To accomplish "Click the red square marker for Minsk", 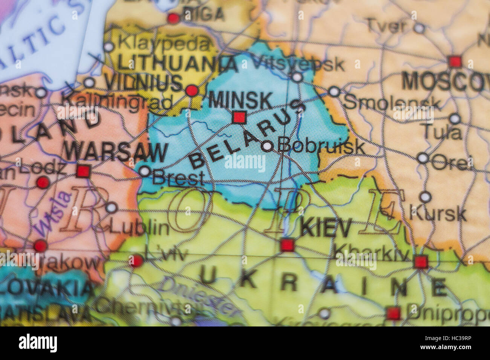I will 239,117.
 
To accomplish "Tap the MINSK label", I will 240,101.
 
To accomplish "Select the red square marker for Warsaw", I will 83,171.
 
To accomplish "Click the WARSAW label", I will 116,153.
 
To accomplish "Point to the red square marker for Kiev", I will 287,245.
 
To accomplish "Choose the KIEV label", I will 326,228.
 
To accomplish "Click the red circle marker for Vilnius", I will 192,90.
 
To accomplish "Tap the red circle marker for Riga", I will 173,18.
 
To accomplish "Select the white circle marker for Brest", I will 145,172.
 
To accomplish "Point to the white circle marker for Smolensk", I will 334,92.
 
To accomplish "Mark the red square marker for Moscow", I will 455,61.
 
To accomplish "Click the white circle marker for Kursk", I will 425,197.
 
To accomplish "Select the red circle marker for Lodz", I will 43,183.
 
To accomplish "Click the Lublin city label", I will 139,227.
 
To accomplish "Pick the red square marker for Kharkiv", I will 421,262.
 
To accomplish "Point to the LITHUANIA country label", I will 178,63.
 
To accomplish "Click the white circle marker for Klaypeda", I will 109,47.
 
